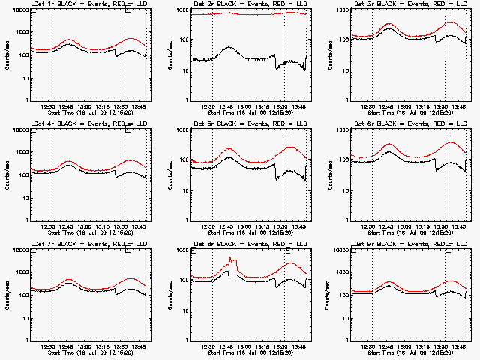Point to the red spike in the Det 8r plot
(x=232, y=260)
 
